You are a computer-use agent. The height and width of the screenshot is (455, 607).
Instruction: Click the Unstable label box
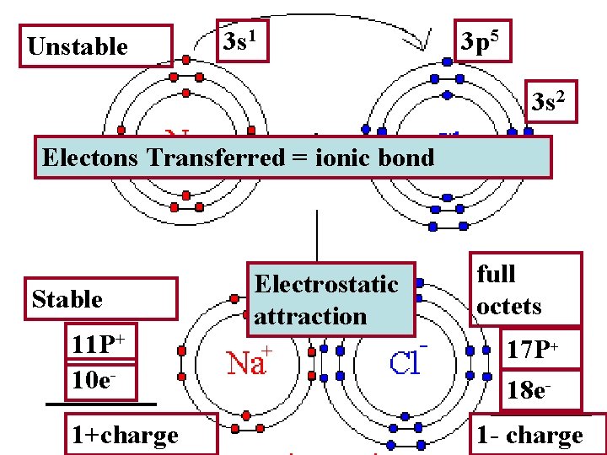tap(99, 46)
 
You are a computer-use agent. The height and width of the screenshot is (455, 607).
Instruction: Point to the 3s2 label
tap(554, 104)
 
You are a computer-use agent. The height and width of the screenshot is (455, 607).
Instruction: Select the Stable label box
tap(101, 299)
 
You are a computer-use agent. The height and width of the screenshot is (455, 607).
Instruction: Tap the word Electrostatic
tap(326, 284)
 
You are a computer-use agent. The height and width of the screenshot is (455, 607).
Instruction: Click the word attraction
tap(310, 317)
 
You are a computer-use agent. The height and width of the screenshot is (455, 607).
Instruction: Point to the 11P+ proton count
tap(99, 346)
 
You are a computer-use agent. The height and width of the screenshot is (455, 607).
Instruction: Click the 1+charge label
tap(125, 435)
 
